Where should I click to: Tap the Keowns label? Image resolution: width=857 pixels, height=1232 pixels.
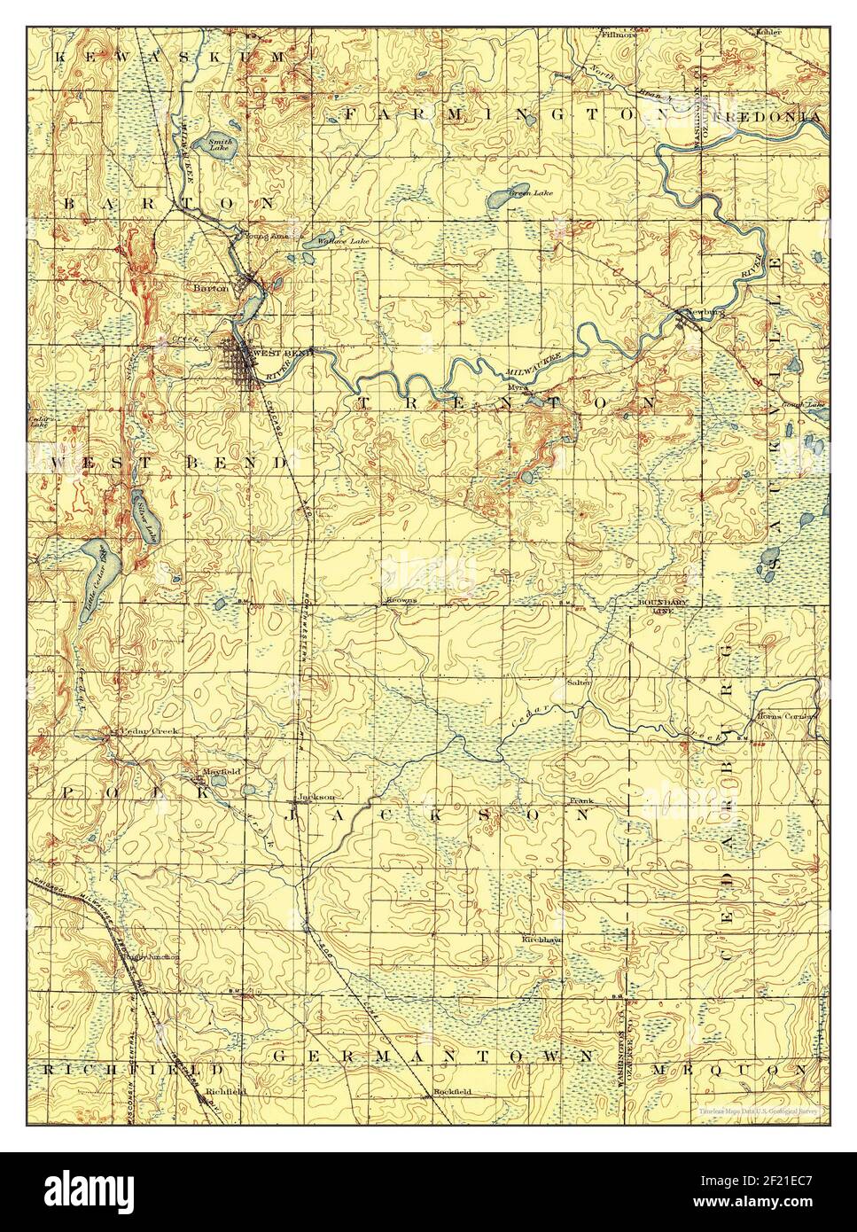click(401, 600)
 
